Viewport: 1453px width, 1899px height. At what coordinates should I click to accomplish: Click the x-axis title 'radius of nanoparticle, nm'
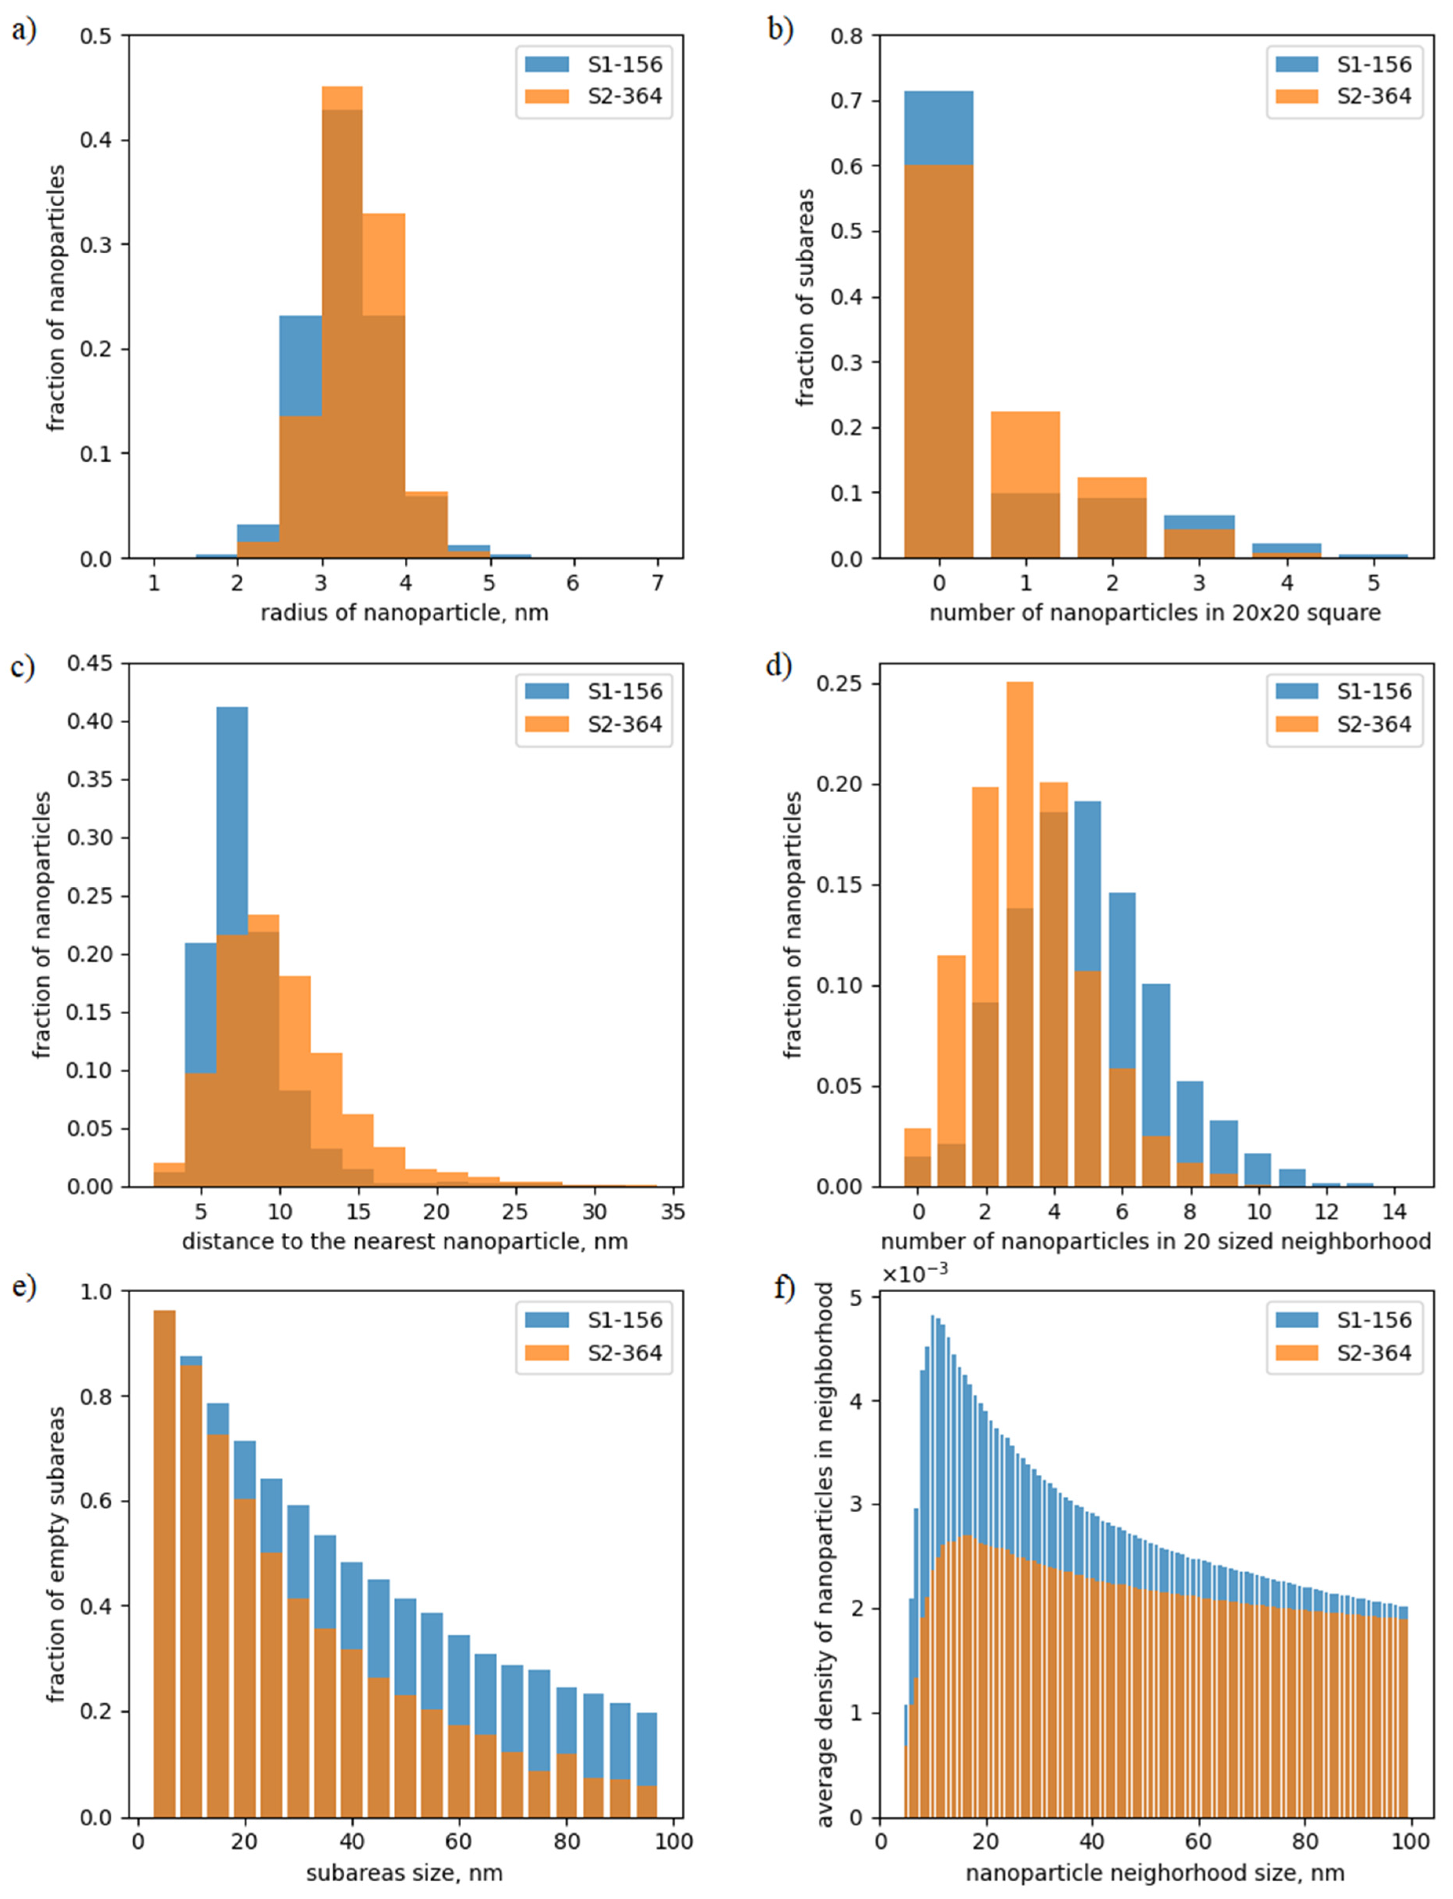click(404, 613)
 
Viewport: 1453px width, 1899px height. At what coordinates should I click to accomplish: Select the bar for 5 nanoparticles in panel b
click(1373, 555)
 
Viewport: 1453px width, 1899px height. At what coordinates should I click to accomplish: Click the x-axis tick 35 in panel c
click(672, 1211)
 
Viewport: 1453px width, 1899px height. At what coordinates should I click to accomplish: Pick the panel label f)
click(784, 1288)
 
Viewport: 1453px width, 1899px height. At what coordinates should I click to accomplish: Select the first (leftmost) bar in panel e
click(164, 1565)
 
